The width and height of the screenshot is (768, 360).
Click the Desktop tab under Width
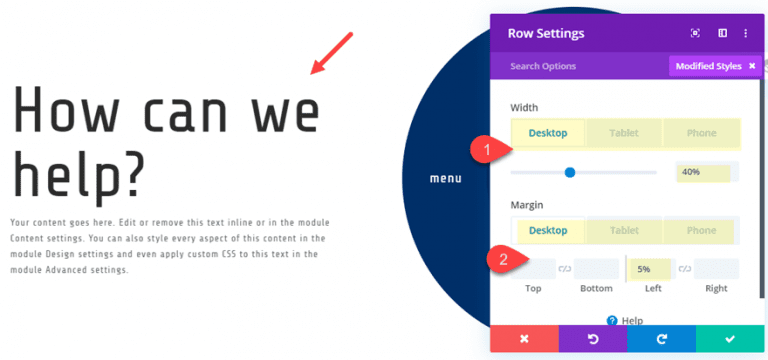pos(547,133)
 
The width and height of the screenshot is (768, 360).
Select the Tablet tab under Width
pos(624,133)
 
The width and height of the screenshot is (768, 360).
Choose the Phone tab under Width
pos(701,133)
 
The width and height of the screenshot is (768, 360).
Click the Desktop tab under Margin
pos(547,230)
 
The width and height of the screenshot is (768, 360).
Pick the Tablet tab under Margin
pos(624,230)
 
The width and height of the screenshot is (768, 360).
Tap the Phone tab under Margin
pos(701,230)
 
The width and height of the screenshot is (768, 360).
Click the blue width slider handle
pos(570,172)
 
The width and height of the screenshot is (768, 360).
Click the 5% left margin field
pos(650,268)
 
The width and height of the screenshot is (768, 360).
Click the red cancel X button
pos(524,339)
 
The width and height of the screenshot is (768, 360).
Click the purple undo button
pos(593,339)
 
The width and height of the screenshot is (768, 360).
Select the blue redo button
pos(661,339)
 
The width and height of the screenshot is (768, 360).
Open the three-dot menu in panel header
pos(745,33)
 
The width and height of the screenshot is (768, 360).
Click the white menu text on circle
pos(445,179)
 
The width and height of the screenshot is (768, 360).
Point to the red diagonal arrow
pos(332,53)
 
